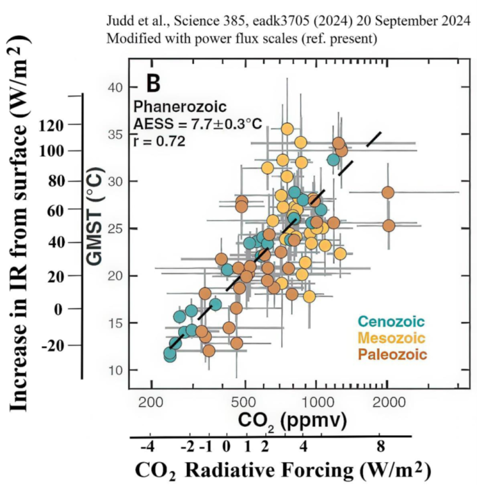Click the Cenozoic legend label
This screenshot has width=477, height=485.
click(391, 321)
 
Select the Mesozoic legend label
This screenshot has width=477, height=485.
click(391, 337)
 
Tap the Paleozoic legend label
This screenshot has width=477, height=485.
click(393, 354)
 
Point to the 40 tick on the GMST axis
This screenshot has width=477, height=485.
click(115, 88)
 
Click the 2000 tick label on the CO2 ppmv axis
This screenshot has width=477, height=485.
click(389, 403)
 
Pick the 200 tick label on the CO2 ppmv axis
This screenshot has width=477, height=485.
click(150, 403)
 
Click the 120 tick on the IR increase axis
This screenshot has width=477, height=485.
click(51, 125)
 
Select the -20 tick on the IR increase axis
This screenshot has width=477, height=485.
click(53, 345)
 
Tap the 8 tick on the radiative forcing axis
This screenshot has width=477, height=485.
click(381, 447)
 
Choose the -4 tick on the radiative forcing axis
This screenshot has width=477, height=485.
click(148, 447)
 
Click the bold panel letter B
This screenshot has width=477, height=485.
click(153, 84)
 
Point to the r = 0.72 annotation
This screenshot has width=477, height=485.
click(159, 141)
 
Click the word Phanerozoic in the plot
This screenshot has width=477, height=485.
click(180, 106)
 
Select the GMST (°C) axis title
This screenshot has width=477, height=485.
click(94, 216)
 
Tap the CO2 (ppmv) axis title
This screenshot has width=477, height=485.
click(292, 421)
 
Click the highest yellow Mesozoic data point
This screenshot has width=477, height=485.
click(287, 129)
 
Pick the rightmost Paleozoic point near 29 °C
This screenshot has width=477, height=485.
click(388, 193)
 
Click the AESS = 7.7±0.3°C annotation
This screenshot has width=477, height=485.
click(198, 124)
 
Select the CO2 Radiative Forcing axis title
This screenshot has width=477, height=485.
click(283, 471)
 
